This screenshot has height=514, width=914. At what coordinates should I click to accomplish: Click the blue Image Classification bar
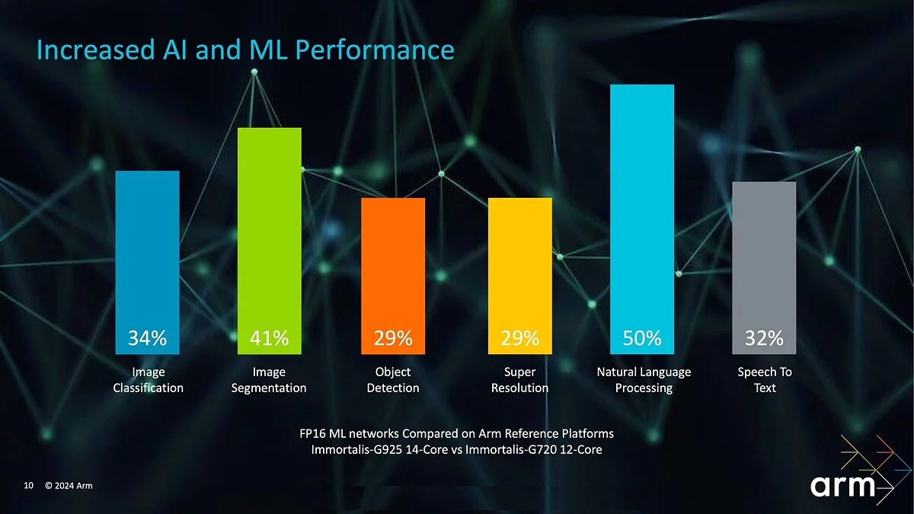point(147,251)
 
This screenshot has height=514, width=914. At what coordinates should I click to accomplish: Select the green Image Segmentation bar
point(270,228)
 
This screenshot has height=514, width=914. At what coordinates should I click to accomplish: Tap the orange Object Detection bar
point(393,263)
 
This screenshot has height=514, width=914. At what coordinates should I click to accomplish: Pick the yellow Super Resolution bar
point(519,263)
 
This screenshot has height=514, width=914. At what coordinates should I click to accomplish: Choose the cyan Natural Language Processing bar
point(642,206)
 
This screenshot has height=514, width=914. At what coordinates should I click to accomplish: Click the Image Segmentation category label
point(269,380)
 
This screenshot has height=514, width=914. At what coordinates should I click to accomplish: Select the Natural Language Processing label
point(644,380)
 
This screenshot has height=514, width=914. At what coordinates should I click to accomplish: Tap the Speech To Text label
point(765,380)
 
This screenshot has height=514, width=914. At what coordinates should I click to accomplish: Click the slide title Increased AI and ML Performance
point(245,50)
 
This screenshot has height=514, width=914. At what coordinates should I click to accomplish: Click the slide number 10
point(29,485)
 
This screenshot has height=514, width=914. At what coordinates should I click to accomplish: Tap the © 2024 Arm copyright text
point(69,485)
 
